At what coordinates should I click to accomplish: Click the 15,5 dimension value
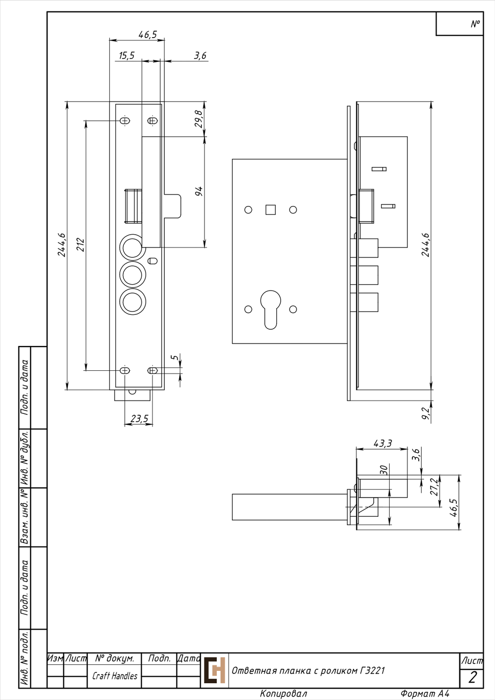pyautogui.click(x=127, y=55)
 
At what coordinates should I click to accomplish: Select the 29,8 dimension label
pyautogui.click(x=199, y=119)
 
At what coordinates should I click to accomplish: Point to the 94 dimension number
pyautogui.click(x=199, y=191)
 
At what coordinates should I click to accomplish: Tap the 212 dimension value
pyautogui.click(x=81, y=245)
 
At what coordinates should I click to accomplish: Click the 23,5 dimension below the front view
pyautogui.click(x=140, y=418)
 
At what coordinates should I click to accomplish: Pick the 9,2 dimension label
pyautogui.click(x=426, y=413)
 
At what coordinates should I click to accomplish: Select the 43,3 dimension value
pyautogui.click(x=383, y=443)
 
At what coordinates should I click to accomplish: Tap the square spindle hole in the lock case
pyautogui.click(x=271, y=209)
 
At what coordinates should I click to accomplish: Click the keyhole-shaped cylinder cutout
pyautogui.click(x=271, y=309)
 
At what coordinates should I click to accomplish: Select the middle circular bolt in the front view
pyautogui.click(x=133, y=275)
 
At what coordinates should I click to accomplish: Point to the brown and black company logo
pyautogui.click(x=215, y=670)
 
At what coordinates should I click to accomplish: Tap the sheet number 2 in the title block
pyautogui.click(x=472, y=677)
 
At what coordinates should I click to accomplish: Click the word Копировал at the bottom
pyautogui.click(x=284, y=694)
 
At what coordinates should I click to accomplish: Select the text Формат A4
pyautogui.click(x=425, y=694)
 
